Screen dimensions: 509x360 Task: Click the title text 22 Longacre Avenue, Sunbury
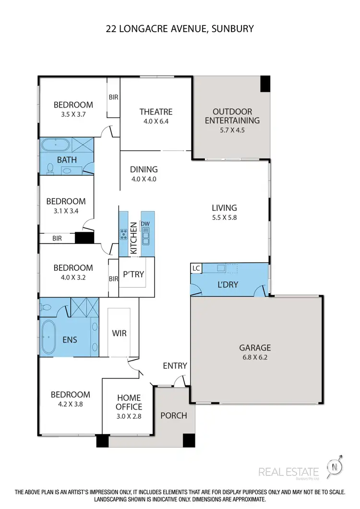[x=180, y=29]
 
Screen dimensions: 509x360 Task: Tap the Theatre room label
[x=156, y=111]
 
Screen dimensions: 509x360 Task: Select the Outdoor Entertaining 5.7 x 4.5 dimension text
[x=232, y=130]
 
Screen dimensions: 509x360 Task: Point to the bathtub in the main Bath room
[x=55, y=145]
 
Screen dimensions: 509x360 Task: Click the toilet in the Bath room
[x=51, y=168]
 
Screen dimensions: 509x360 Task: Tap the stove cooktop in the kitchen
[x=123, y=234]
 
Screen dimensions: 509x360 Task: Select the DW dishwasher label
[x=144, y=224]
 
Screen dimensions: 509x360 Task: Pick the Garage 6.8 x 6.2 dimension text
[x=256, y=357]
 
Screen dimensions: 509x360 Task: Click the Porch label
[x=174, y=415]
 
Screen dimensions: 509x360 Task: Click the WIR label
[x=119, y=333]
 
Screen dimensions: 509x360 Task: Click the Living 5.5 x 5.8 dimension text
[x=225, y=217]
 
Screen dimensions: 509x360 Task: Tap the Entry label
[x=175, y=366]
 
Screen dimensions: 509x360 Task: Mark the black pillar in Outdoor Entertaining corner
[x=265, y=84]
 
